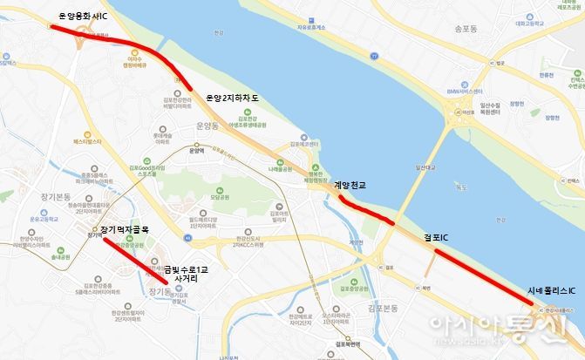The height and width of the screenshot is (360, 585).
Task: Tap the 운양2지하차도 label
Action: click(232, 98)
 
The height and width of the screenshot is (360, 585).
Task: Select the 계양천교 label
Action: click(350, 185)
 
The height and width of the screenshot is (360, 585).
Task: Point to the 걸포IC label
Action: click(436, 237)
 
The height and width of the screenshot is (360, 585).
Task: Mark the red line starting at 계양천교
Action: click(366, 212)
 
